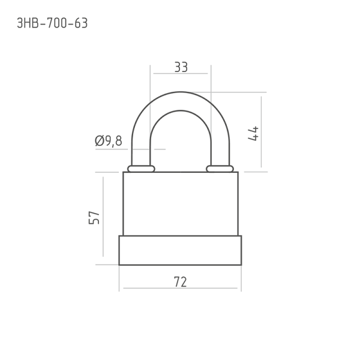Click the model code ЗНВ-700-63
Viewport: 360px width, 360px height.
52,23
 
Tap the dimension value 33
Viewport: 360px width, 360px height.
181,67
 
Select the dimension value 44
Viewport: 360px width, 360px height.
253,133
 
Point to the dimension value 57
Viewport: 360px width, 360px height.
94,217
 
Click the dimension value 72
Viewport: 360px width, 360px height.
180,282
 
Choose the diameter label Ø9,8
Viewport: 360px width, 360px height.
109,140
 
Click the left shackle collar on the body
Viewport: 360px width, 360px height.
141,169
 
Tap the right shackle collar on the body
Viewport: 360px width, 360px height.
220,169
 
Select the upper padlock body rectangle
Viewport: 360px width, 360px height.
181,203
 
